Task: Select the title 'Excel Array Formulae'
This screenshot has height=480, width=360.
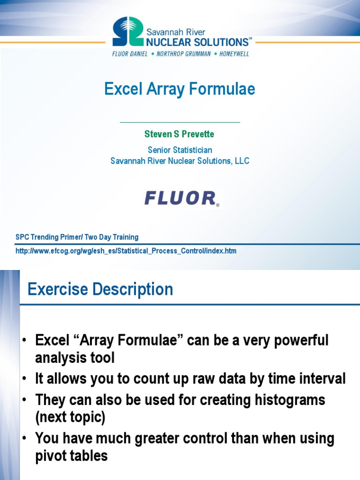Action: click(180, 89)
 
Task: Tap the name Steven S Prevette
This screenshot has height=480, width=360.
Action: click(180, 134)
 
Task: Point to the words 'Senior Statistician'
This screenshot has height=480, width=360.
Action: click(180, 150)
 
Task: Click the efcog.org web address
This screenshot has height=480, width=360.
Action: click(126, 251)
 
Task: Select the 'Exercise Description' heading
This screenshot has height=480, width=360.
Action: click(100, 289)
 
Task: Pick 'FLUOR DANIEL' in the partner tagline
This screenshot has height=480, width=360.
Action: click(130, 53)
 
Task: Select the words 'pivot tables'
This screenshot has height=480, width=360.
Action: click(71, 456)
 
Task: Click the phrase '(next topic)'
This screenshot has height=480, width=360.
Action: click(69, 417)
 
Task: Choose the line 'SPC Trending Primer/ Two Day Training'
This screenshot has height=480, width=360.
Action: click(77, 237)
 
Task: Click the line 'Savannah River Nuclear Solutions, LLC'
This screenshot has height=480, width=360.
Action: click(180, 161)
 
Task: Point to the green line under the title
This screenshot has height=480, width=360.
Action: click(180, 122)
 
